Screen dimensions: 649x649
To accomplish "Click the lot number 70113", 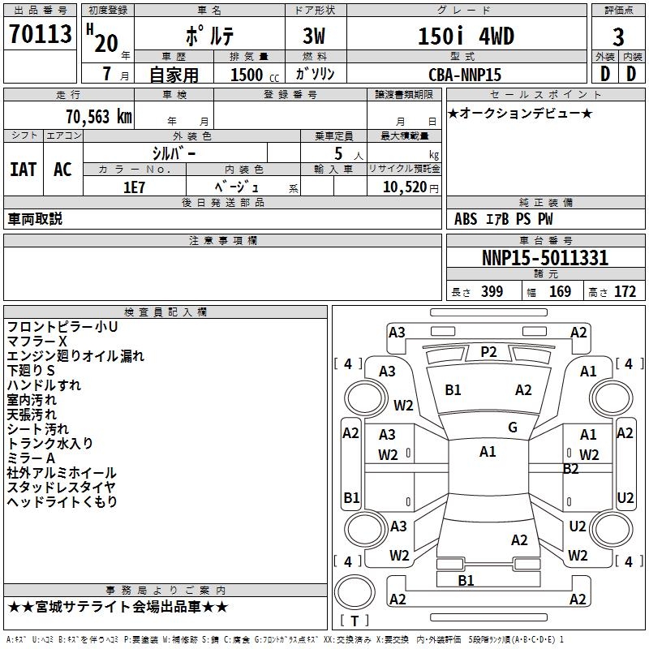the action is (41, 35).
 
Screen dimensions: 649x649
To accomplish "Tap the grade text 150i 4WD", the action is (466, 37).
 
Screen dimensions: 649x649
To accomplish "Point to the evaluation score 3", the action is (618, 37).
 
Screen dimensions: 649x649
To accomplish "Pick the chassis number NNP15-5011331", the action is (545, 259).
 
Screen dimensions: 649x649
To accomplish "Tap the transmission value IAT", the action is (23, 170).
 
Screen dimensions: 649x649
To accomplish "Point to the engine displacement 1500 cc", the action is (252, 75).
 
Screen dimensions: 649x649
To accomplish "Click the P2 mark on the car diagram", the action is (488, 351).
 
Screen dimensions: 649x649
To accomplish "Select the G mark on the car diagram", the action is (513, 428).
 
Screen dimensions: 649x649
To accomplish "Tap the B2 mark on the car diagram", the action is (571, 468).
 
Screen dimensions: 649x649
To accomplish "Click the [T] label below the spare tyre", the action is (355, 621).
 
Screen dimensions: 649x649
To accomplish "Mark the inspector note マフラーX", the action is (37, 342).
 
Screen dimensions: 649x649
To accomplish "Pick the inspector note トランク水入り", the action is (50, 444).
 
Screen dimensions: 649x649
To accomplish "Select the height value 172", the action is (625, 292).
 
